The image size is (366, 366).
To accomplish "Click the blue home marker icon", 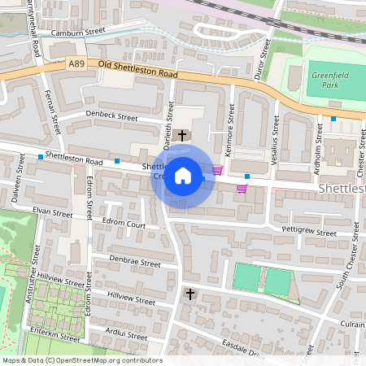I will point(183,175).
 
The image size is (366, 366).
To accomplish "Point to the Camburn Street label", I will point(79,33).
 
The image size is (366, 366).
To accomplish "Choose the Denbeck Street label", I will point(112,116).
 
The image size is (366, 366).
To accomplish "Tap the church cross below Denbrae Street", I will point(190,293).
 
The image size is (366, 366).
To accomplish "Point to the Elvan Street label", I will point(53,212).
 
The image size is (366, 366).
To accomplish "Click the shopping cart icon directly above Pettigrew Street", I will point(242,189).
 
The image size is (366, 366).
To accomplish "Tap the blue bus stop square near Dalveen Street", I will point(40,156).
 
